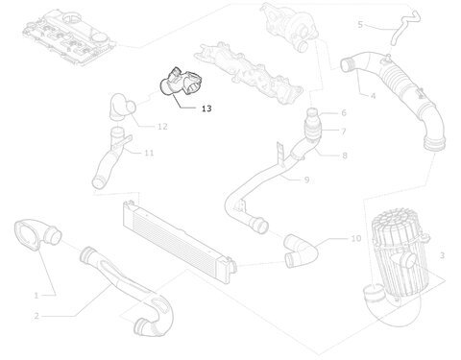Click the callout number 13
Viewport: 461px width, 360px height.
tap(206, 108)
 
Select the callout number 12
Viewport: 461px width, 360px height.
tap(162, 127)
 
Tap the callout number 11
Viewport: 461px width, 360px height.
tap(149, 153)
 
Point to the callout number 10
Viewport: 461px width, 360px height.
tap(356, 238)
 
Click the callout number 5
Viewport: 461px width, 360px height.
tap(360, 24)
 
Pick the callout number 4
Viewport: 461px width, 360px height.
tap(373, 96)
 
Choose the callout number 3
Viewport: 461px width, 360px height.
tap(442, 255)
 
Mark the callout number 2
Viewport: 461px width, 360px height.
tap(36, 316)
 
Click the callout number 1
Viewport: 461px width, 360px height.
tap(36, 296)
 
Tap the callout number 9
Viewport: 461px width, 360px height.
tap(306, 180)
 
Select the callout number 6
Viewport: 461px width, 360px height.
tap(344, 112)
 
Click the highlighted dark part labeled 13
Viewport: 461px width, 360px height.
tap(182, 83)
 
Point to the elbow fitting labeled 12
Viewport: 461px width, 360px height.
tap(122, 107)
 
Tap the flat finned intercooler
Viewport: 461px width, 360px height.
tap(180, 236)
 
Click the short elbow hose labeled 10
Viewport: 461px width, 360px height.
tap(301, 252)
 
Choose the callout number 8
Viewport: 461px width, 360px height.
tap(345, 156)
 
